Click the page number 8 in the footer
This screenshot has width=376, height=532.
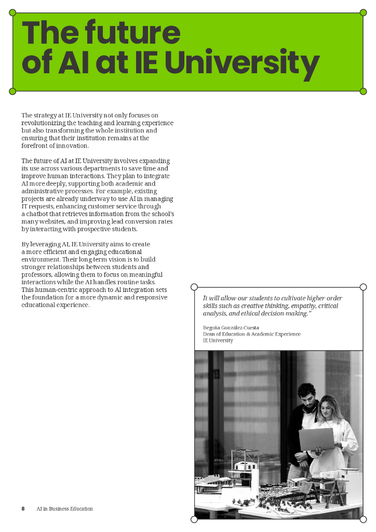coord(23,509)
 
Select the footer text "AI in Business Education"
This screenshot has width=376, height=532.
coord(64,509)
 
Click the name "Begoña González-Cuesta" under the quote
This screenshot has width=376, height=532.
coord(231,328)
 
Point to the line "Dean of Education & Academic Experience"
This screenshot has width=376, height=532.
coord(251,334)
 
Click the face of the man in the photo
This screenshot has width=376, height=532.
coord(307,397)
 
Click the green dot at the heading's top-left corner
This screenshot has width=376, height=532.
coord(13,12)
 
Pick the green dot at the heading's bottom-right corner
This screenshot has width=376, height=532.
coord(363,91)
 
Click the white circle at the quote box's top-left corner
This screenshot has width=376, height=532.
coord(194,287)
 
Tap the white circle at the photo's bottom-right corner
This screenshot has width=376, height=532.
coord(363,519)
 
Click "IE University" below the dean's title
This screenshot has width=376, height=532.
coord(218,340)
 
